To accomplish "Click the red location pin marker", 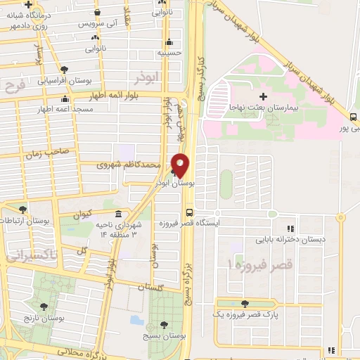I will coord(181,165).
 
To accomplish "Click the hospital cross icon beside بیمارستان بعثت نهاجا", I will coord(264,96).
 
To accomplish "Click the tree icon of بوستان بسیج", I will coord(163,325).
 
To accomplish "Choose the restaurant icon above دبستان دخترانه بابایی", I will coord(289,228).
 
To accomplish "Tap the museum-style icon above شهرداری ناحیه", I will coord(117,214).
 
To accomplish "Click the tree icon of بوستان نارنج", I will coord(44,307).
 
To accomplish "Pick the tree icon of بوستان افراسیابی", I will coord(64,70).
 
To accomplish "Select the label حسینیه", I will coord(172,52).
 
